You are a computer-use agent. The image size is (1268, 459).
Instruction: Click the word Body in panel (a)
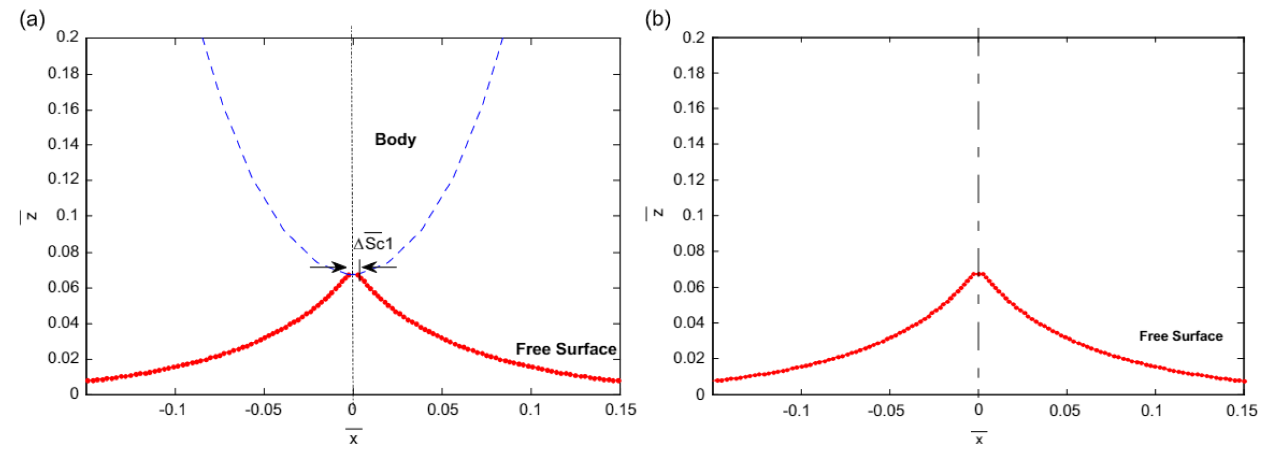tap(395, 139)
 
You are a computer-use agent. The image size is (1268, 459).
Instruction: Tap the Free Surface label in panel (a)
tap(565, 349)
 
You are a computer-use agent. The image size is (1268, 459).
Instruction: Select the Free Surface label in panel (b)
tap(1181, 336)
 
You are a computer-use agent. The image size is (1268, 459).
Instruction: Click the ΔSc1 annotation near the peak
tap(373, 244)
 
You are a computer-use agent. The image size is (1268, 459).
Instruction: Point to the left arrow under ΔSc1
tap(329, 268)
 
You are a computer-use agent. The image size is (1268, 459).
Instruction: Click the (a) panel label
tap(32, 20)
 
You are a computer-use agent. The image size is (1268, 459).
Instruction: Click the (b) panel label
tap(658, 20)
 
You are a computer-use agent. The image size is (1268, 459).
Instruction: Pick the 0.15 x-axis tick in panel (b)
tap(1241, 410)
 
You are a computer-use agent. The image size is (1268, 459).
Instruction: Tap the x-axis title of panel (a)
tap(354, 439)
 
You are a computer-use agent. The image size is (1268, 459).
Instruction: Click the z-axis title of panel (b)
tap(656, 213)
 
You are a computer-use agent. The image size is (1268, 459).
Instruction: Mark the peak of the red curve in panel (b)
tap(979, 273)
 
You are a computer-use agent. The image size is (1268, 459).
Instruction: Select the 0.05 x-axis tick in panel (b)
tap(1064, 410)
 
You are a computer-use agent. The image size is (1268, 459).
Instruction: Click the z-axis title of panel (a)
tap(30, 216)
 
